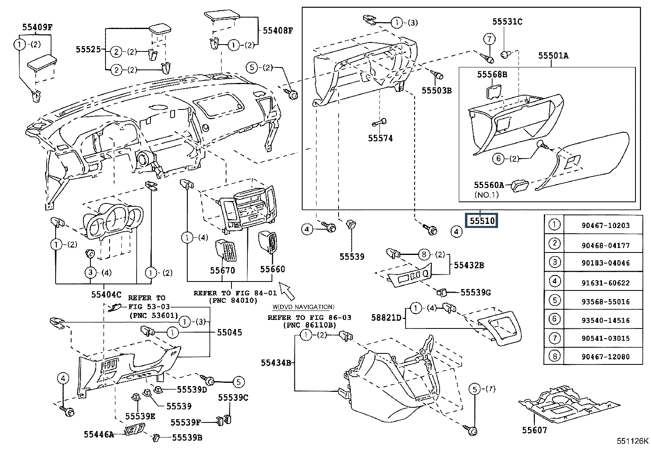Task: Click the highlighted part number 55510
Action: tap(482, 221)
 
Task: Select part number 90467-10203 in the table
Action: tap(606, 226)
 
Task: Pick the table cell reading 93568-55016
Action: tap(606, 302)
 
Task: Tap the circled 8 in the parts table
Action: tap(554, 356)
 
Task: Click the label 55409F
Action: tap(37, 27)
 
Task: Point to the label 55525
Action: tap(88, 49)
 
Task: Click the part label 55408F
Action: tap(278, 30)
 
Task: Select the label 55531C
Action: tap(507, 22)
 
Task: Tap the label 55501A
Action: tap(553, 56)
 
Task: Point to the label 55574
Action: tap(380, 138)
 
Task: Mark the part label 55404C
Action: tap(106, 294)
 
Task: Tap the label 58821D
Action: tap(388, 317)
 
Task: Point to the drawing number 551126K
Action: tap(633, 441)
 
